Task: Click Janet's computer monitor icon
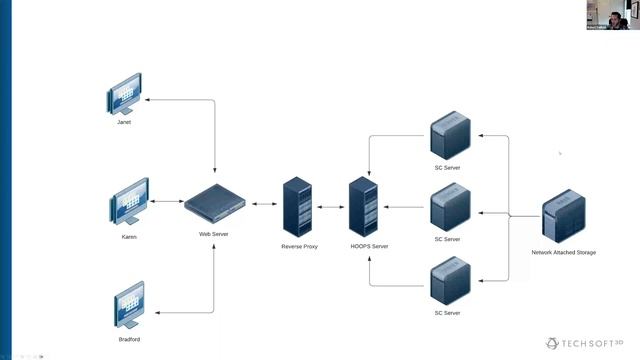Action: coord(124,100)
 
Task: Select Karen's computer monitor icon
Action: coord(129,206)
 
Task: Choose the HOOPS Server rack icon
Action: coord(362,206)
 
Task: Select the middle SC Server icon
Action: coord(449,206)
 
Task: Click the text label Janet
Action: coord(124,122)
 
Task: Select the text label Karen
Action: coord(129,237)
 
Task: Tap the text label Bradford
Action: coord(129,340)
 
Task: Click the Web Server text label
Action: coord(214,234)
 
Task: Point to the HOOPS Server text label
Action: coord(369,246)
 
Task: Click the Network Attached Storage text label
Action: coord(563,253)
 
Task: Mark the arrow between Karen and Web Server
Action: coord(167,204)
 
